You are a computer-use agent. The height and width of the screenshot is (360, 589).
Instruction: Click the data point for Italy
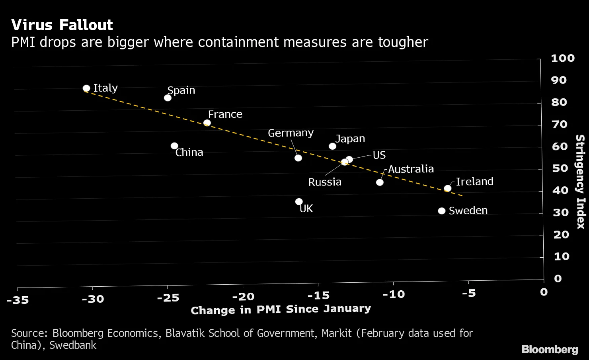(86, 88)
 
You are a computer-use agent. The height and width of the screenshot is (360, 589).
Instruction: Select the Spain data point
(168, 98)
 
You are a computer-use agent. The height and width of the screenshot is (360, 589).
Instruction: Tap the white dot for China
(174, 146)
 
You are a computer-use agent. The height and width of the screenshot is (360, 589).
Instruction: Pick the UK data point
(299, 202)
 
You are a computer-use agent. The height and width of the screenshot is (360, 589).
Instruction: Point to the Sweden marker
(441, 211)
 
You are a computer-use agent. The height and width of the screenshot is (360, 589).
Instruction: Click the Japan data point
(332, 146)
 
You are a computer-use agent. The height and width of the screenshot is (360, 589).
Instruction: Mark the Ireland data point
(448, 188)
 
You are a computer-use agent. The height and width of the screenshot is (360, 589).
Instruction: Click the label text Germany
(291, 133)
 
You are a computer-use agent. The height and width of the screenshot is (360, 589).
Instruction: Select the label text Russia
(325, 182)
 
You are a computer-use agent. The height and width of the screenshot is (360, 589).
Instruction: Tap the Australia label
(411, 169)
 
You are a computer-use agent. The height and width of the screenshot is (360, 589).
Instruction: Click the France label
(225, 114)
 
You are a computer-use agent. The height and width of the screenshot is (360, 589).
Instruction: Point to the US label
(379, 155)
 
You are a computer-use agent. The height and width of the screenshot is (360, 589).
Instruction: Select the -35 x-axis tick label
(18, 300)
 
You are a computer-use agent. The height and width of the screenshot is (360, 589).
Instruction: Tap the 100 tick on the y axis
(563, 58)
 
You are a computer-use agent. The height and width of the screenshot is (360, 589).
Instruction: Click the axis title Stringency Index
(580, 181)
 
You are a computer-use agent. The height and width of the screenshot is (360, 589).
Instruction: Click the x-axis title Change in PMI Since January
(281, 309)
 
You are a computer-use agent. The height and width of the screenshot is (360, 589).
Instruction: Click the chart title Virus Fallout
(62, 25)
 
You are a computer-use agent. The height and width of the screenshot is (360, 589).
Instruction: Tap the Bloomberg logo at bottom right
(550, 349)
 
